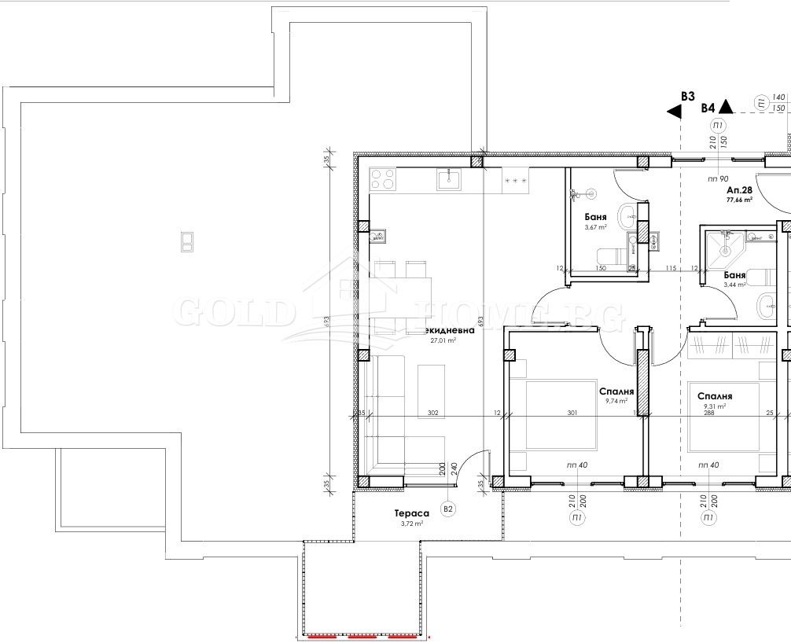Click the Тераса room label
412,513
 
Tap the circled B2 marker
447,509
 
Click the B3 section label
687,96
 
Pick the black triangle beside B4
727,108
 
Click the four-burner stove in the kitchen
383,179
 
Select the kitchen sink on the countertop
449,180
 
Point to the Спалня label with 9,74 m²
616,391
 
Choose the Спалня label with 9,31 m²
715,397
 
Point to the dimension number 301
572,413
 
